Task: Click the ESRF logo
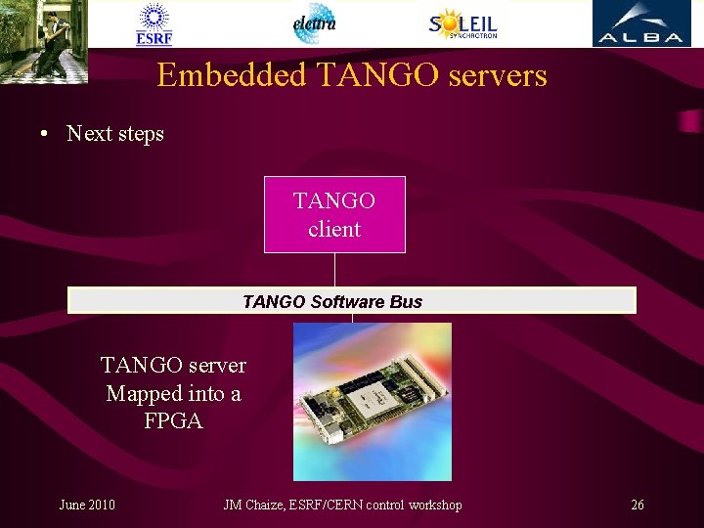click(154, 24)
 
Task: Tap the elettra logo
click(315, 23)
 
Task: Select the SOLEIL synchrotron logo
click(463, 23)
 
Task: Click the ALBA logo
click(640, 23)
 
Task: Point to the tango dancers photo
click(44, 41)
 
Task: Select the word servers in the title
click(493, 75)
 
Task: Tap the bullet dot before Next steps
click(46, 134)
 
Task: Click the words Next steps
click(115, 134)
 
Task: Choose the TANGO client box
click(334, 214)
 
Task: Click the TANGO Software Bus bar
click(351, 300)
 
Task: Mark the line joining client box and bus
click(334, 270)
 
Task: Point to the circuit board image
click(373, 402)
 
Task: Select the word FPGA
click(173, 422)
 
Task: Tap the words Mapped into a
click(173, 394)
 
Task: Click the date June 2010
click(87, 505)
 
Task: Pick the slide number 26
click(638, 505)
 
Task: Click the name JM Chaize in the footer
click(252, 505)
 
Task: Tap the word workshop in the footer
click(432, 505)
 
